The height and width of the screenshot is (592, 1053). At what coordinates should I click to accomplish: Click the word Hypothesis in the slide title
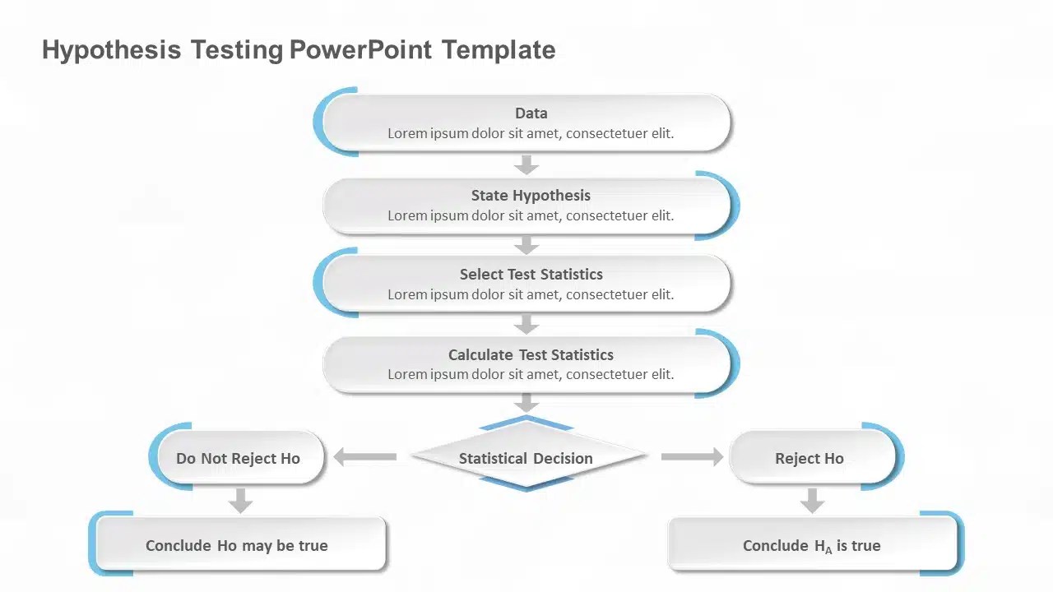coord(111,50)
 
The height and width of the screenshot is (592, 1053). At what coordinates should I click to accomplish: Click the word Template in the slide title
coord(498,50)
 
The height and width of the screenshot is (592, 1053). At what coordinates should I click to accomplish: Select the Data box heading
coord(531,113)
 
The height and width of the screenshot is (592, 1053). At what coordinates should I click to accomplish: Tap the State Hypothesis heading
coord(531,196)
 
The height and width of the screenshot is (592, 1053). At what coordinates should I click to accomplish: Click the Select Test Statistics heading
coord(531,275)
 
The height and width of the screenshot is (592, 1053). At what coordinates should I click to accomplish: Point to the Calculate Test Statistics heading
coord(531,355)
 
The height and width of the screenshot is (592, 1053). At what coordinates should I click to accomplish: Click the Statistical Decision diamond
coord(526,458)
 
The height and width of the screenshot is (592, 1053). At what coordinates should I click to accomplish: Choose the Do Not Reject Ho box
coord(238,458)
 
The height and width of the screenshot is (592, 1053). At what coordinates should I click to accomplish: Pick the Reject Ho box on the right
coord(809,458)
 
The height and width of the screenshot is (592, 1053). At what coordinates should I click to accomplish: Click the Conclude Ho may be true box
coord(237,545)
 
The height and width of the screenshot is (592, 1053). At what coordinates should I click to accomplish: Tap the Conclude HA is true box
coord(812,545)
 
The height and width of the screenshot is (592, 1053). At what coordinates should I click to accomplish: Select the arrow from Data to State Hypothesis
coord(526,164)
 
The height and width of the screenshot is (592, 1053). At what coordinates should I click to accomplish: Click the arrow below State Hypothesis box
coord(526,245)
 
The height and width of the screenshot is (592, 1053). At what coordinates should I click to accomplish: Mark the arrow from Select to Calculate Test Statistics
coord(526,325)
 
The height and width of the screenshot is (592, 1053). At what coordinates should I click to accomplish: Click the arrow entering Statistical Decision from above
coord(526,403)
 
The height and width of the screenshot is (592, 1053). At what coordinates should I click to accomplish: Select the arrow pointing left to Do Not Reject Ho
coord(364,456)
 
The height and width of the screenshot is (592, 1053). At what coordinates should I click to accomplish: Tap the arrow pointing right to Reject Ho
coord(692,456)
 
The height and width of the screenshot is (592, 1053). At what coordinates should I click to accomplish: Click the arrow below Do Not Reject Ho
coord(240,500)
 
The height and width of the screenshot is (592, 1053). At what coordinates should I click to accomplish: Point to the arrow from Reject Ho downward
coord(812,500)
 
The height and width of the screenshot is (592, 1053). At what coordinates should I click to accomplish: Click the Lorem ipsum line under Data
coord(531,133)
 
